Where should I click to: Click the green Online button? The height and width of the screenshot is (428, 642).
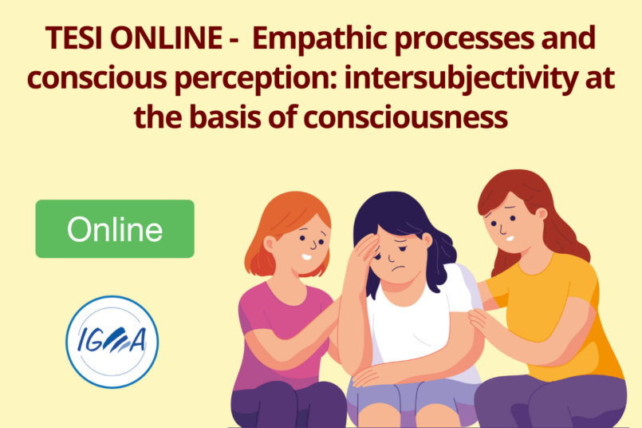tap(115, 228)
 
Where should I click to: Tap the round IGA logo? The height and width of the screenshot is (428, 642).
tap(112, 342)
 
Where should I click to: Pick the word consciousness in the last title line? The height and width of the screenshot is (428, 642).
tap(406, 118)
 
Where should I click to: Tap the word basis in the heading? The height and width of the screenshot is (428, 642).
tap(225, 117)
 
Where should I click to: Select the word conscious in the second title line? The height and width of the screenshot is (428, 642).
tap(97, 79)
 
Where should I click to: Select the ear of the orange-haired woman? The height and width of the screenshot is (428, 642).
tap(270, 245)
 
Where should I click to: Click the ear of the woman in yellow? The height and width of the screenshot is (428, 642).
tap(542, 215)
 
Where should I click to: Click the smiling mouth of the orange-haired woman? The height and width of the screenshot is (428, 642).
tap(306, 257)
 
